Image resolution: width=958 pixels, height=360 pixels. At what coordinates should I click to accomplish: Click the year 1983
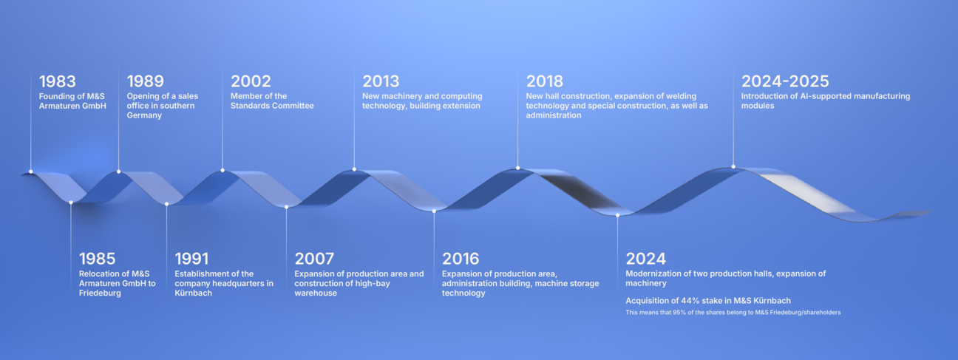[x=58, y=81]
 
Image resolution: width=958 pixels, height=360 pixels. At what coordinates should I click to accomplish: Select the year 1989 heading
[x=146, y=81]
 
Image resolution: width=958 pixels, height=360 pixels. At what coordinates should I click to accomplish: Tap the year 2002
[x=251, y=81]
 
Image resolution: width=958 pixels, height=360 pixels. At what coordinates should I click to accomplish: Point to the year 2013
[x=381, y=81]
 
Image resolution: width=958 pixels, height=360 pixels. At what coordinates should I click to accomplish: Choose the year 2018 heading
[x=545, y=81]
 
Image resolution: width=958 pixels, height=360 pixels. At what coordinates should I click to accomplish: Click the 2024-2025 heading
[x=785, y=81]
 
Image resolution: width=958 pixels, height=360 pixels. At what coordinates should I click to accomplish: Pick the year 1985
[x=97, y=259]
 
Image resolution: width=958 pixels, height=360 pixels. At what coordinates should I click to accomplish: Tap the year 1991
[x=191, y=259]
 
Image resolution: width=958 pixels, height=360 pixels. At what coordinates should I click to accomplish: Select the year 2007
[x=314, y=259]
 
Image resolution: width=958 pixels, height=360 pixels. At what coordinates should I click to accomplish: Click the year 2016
[x=461, y=259]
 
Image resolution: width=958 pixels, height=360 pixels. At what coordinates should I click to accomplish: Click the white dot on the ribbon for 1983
[x=31, y=171]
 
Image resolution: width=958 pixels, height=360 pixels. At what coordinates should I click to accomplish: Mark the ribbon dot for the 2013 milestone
[x=354, y=169]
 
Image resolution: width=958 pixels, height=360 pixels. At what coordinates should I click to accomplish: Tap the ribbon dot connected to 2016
[x=434, y=211]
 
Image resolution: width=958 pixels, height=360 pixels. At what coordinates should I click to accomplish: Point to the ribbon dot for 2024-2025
[x=733, y=167]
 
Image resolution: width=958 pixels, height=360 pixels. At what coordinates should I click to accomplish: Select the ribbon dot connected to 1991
[x=167, y=204]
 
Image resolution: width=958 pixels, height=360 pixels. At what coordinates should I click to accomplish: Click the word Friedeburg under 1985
[x=100, y=293]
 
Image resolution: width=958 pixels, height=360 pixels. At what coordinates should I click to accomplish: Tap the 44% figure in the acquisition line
[x=696, y=301]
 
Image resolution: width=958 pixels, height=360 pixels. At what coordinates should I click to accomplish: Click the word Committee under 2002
[x=294, y=106]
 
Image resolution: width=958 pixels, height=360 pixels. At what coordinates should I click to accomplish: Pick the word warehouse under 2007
[x=316, y=293]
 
